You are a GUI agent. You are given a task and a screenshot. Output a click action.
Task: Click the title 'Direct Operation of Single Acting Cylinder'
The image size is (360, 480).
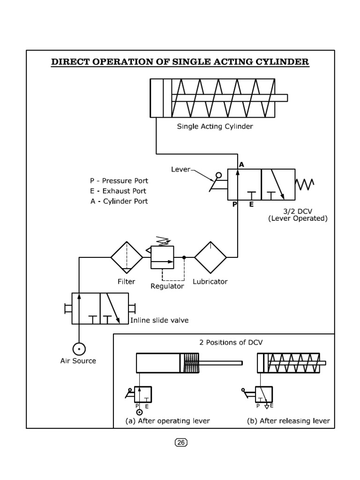point(180,62)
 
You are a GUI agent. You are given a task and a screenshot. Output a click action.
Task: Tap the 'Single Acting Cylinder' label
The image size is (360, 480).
point(215,127)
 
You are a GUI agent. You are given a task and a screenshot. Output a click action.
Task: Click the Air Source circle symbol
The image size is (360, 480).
point(78,349)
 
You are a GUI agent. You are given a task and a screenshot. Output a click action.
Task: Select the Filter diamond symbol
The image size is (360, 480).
point(127,257)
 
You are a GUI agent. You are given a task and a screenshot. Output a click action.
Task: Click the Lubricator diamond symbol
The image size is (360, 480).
point(210,257)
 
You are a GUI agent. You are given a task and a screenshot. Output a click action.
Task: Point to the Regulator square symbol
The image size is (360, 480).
point(162,257)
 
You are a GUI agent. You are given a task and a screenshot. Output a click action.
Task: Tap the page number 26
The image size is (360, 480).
point(180,442)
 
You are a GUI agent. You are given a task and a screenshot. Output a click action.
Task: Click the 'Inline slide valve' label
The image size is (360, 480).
point(159,320)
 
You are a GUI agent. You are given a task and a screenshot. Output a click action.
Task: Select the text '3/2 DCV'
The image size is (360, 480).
point(290,211)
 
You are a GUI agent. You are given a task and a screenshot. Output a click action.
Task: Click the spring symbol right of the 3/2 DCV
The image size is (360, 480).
point(305,184)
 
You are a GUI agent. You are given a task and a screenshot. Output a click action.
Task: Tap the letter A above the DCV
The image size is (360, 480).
point(241,165)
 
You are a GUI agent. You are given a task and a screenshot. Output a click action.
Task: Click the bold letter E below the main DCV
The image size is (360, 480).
point(251,205)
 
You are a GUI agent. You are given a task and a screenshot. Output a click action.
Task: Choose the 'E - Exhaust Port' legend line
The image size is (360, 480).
point(118,191)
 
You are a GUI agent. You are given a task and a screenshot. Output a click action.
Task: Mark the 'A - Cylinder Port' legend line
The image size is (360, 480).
point(119,201)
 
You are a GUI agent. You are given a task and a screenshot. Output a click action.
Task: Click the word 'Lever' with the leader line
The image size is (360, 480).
point(181,169)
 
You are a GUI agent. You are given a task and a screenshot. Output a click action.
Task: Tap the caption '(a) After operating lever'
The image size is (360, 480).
point(167,421)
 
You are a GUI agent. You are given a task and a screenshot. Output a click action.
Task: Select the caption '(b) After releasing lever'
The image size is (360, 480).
point(288,421)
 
